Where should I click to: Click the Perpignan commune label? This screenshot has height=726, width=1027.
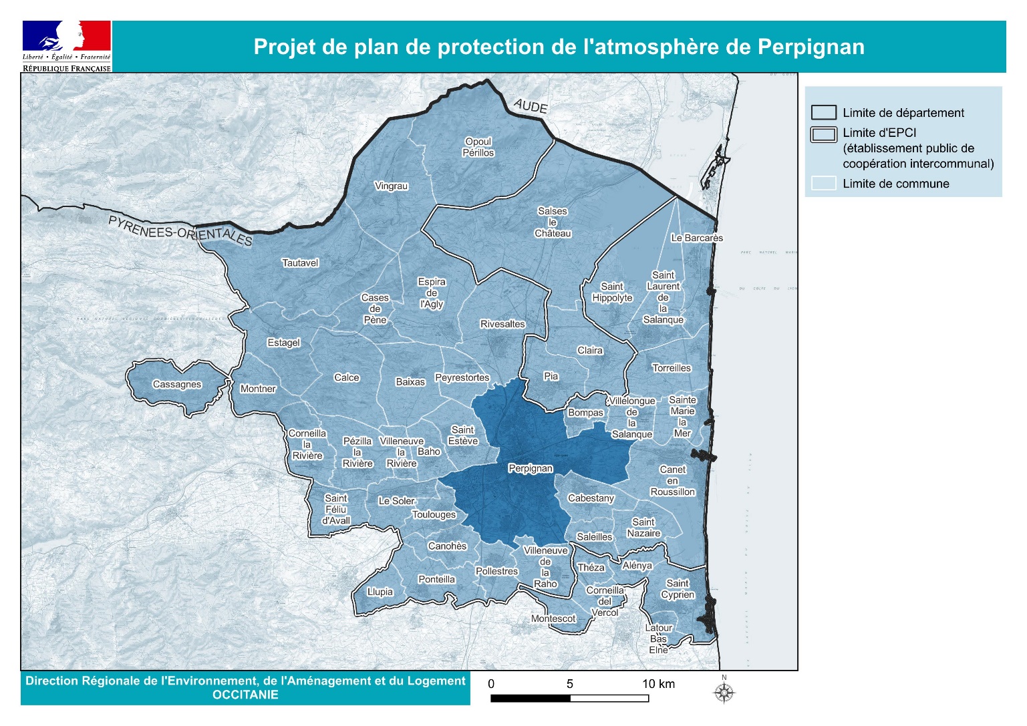(x=531, y=468)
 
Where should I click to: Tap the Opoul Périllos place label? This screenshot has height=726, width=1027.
(x=478, y=147)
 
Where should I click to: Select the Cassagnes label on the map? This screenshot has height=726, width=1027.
(x=176, y=384)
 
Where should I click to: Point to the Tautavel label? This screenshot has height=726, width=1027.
(x=300, y=263)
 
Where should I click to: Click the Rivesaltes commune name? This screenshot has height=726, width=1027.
(x=502, y=324)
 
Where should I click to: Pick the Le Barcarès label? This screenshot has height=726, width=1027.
(x=697, y=238)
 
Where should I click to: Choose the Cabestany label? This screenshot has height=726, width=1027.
(x=591, y=498)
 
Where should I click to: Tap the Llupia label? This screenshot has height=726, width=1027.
(x=380, y=592)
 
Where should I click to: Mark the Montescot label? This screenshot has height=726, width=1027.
(x=553, y=618)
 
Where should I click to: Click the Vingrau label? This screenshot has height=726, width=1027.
(x=392, y=186)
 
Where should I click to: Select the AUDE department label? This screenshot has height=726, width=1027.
(x=531, y=106)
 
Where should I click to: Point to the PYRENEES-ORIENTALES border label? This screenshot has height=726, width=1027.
(x=180, y=231)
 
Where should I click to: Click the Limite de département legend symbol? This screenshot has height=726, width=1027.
(x=823, y=113)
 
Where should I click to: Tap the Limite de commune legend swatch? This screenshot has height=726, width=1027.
(x=823, y=184)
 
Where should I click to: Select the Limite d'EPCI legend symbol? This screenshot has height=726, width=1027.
(x=823, y=134)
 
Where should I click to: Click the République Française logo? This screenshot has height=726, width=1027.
(x=66, y=45)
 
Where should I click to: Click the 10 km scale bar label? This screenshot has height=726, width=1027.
(x=658, y=684)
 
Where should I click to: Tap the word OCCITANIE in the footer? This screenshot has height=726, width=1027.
(x=245, y=695)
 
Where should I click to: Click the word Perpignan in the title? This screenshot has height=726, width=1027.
(x=811, y=47)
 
